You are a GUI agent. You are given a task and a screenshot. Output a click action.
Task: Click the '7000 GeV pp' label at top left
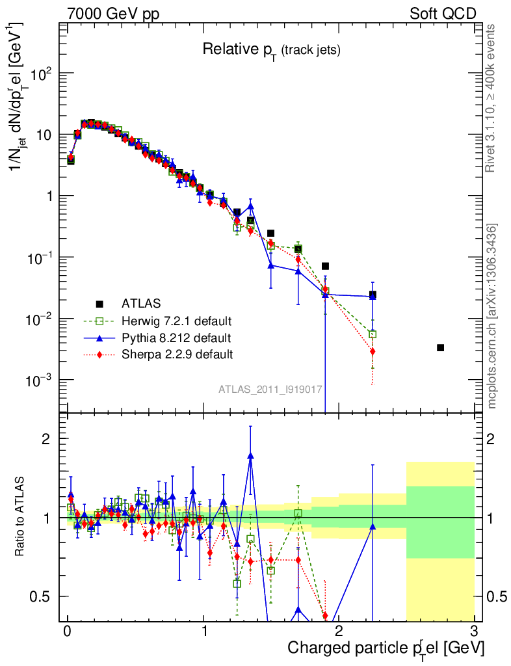click(113, 14)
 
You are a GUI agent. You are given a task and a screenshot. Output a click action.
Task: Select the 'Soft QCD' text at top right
click(443, 14)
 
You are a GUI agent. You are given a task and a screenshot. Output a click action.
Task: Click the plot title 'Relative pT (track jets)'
click(272, 49)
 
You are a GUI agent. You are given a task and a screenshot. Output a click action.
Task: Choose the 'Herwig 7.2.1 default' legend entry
click(176, 321)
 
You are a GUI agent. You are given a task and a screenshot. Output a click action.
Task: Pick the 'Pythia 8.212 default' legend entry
click(176, 338)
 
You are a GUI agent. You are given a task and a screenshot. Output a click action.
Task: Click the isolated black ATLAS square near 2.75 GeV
click(440, 348)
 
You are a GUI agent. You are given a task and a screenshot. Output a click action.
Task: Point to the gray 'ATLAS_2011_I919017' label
click(270, 389)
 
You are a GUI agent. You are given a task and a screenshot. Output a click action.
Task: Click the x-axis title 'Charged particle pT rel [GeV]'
click(386, 648)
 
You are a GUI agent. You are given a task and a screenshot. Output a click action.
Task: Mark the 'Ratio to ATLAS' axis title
click(21, 516)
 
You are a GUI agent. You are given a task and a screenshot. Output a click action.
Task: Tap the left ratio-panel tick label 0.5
click(43, 596)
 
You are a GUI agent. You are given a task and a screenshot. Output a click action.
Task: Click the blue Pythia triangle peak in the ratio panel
click(250, 456)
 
